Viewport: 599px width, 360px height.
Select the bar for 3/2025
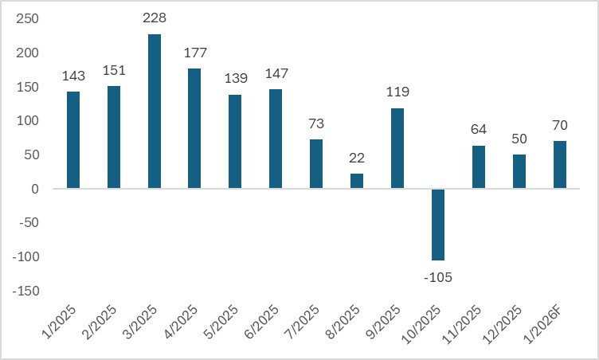point(155,112)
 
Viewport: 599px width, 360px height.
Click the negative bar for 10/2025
point(438,225)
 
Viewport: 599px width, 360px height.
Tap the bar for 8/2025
point(357,182)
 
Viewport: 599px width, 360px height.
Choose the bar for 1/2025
point(73,140)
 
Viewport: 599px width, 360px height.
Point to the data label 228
point(155,18)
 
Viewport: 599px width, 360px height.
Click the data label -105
point(438,276)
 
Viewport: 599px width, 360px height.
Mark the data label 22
point(357,158)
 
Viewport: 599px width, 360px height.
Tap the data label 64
point(478,129)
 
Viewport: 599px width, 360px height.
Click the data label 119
point(397,92)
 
